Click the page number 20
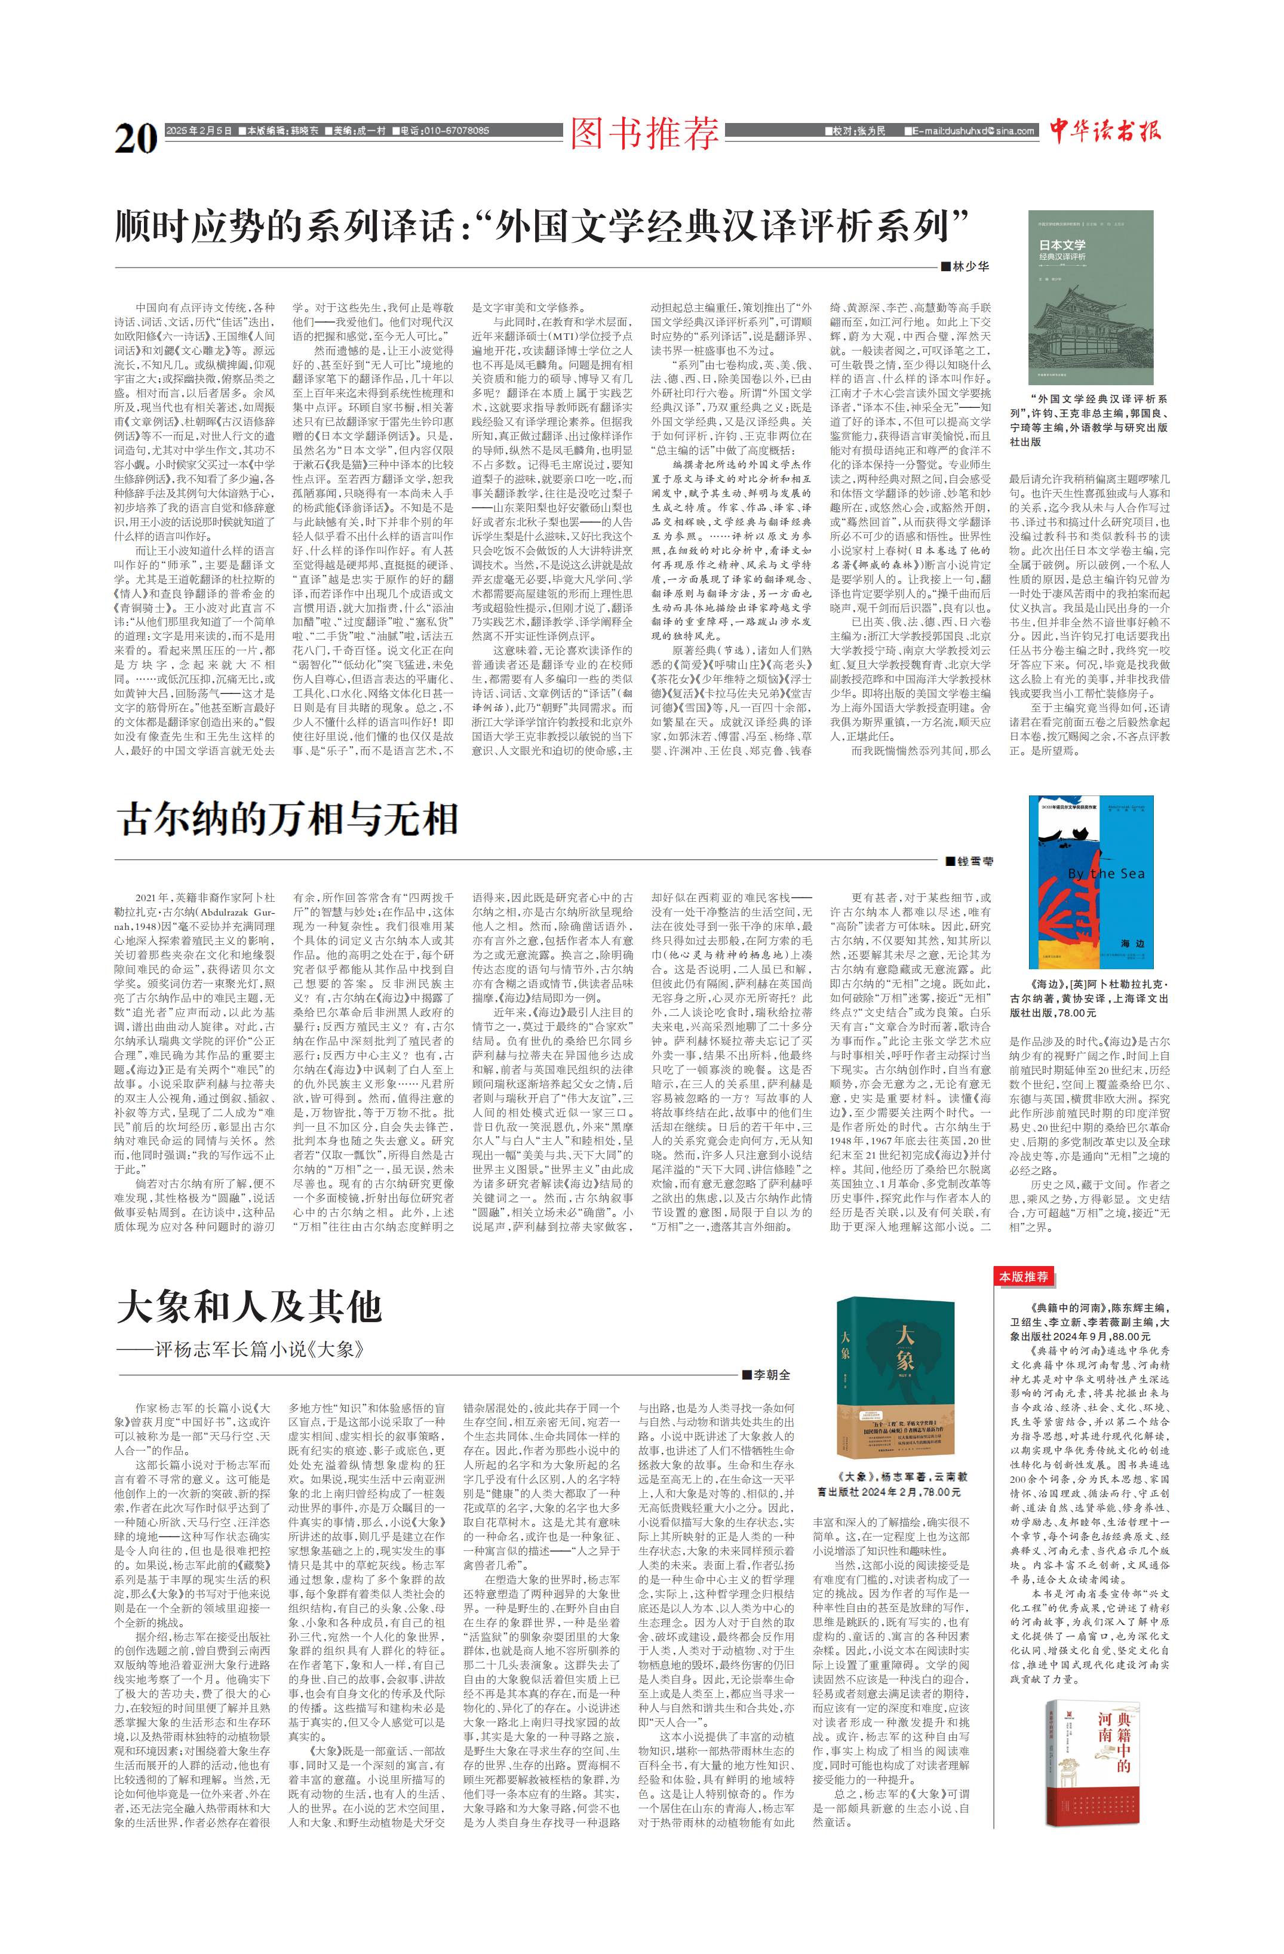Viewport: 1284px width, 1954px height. (136, 137)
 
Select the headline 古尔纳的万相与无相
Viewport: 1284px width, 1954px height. (287, 819)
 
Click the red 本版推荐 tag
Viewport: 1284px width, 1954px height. (1023, 1277)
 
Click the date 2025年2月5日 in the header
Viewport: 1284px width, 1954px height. (199, 131)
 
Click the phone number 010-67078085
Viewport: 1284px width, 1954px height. (444, 131)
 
